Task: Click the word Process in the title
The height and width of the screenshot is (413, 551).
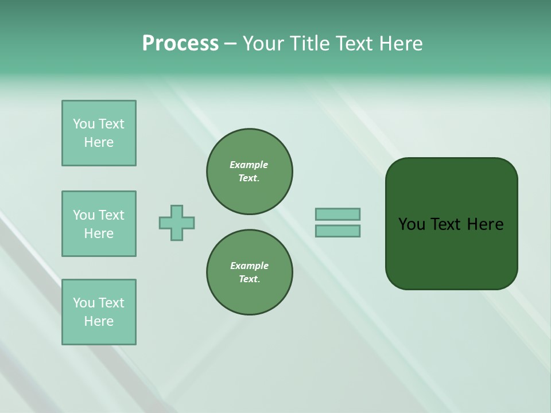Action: click(180, 44)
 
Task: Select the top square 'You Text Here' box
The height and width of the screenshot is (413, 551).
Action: click(99, 133)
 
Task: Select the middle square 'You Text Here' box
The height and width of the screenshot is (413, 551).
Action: click(99, 224)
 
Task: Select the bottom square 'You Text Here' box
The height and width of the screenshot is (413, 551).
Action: click(99, 312)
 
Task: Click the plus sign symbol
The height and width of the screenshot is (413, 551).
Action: click(177, 223)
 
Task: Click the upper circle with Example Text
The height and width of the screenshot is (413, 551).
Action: click(250, 172)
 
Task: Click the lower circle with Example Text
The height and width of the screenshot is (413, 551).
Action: click(250, 272)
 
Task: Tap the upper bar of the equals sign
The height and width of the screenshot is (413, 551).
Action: click(337, 214)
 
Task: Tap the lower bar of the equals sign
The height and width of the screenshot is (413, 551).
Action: click(337, 231)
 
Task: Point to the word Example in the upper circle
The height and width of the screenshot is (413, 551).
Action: click(249, 165)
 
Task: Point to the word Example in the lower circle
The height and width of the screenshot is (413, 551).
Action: click(249, 266)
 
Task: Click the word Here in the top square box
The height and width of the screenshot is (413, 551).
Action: click(99, 142)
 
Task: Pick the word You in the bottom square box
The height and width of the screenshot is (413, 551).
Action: click(83, 303)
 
